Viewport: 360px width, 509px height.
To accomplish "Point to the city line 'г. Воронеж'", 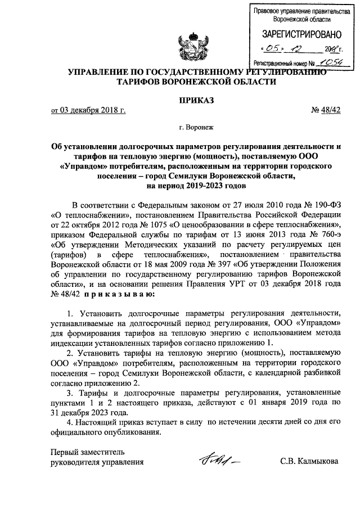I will (x=196, y=128).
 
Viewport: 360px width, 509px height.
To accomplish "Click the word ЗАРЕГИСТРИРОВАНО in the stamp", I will (x=294, y=33).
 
